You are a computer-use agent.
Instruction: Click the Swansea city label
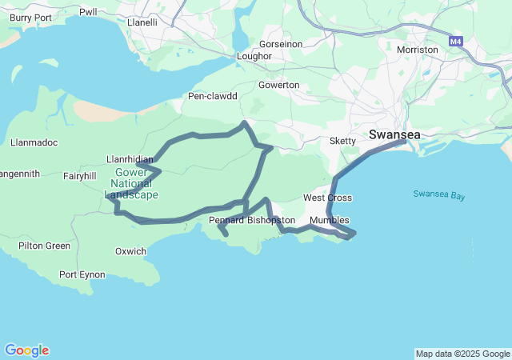pyautogui.click(x=394, y=135)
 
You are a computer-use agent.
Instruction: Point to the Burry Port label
pyautogui.click(x=31, y=17)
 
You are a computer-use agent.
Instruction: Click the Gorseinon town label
pyautogui.click(x=280, y=44)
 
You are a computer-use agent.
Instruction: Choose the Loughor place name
pyautogui.click(x=254, y=57)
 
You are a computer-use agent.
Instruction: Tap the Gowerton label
pyautogui.click(x=278, y=85)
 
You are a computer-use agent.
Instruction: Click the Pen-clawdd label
pyautogui.click(x=212, y=96)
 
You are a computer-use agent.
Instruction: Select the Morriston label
pyautogui.click(x=417, y=50)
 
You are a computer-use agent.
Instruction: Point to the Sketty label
pyautogui.click(x=343, y=141)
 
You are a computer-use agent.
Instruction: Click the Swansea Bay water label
pyautogui.click(x=439, y=194)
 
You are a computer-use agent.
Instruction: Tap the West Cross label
pyautogui.click(x=327, y=198)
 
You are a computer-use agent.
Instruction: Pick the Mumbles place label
pyautogui.click(x=329, y=220)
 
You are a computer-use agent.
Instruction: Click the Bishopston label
pyautogui.click(x=271, y=220)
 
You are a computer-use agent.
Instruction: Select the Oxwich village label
pyautogui.click(x=130, y=251)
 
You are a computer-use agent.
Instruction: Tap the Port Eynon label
pyautogui.click(x=82, y=274)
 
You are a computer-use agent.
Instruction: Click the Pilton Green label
pyautogui.click(x=44, y=246)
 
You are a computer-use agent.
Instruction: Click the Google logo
pyautogui.click(x=26, y=350)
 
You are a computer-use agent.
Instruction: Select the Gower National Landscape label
pyautogui.click(x=134, y=183)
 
